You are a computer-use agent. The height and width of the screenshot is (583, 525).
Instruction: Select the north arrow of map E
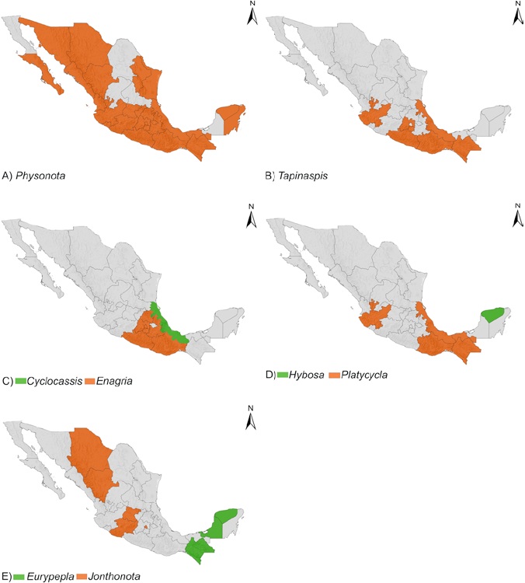pyautogui.click(x=251, y=417)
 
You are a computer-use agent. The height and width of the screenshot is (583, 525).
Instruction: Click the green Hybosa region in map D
pyautogui.click(x=493, y=314)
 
